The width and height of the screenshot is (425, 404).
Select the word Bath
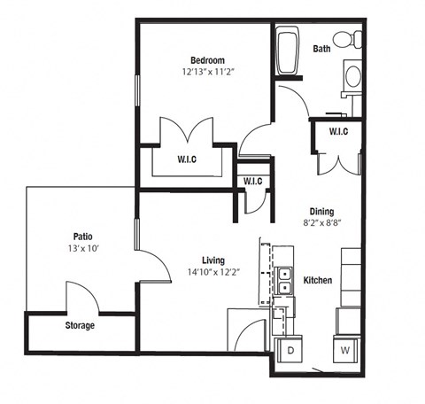click(x=321, y=49)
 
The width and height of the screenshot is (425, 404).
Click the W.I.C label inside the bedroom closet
click(x=186, y=159)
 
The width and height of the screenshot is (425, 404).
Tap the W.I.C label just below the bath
click(x=337, y=132)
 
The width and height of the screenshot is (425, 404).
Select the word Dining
click(x=321, y=212)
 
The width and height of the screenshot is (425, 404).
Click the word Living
click(x=212, y=260)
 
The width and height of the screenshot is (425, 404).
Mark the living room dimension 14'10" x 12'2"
click(x=212, y=273)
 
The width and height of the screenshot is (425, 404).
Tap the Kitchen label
click(x=318, y=280)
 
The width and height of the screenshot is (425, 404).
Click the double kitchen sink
click(x=285, y=281)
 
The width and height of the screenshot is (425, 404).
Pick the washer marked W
click(x=345, y=349)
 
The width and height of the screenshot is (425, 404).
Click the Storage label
click(x=80, y=325)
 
